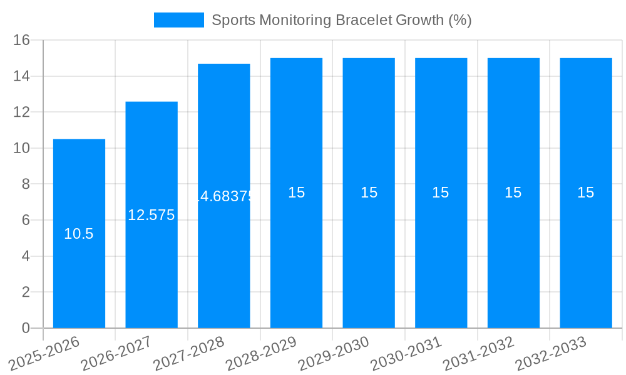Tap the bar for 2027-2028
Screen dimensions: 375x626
click(x=224, y=262)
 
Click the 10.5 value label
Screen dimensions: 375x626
click(x=79, y=234)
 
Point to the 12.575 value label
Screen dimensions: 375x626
click(x=151, y=215)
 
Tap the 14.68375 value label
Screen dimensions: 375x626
click(x=224, y=196)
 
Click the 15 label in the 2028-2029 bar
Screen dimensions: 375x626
click(x=297, y=192)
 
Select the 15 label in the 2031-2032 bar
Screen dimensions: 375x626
click(x=513, y=192)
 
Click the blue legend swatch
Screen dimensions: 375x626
click(x=179, y=20)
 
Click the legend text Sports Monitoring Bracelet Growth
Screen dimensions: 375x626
click(x=341, y=20)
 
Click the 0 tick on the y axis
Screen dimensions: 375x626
click(x=26, y=328)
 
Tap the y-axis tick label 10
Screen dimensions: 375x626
click(x=22, y=148)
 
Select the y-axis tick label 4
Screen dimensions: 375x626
click(x=26, y=256)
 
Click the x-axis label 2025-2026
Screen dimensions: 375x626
click(x=46, y=353)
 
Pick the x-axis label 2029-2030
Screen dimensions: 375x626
click(x=336, y=353)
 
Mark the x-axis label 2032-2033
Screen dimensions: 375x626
click(x=553, y=353)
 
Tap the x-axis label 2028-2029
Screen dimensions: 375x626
click(x=263, y=353)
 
